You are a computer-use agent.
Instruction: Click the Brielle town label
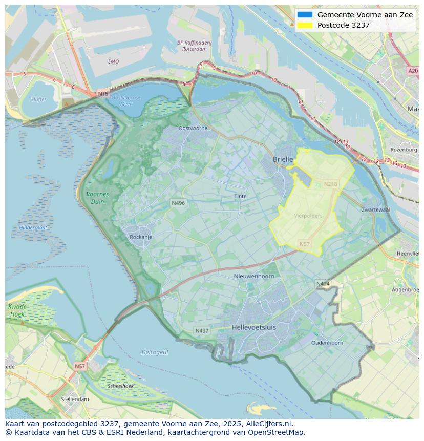pos(283,159)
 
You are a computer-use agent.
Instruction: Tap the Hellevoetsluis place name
pos(253,327)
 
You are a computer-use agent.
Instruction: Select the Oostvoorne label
pos(193,128)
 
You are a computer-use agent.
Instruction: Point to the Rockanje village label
pos(141,237)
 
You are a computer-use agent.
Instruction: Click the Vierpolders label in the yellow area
pos(308,216)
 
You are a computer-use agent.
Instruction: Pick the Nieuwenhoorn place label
pos(254,276)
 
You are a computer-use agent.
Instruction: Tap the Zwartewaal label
pos(375,210)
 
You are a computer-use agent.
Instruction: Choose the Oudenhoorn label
pos(327,343)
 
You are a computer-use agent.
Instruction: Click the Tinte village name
pos(240,196)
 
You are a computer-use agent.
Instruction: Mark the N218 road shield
pos(331,184)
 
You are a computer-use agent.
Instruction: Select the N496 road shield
pos(178,203)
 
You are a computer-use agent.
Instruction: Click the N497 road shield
pos(202,331)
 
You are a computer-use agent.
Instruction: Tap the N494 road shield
pos(323,284)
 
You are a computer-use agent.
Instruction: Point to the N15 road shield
pos(103,94)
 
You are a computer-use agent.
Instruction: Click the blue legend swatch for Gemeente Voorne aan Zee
pos(305,15)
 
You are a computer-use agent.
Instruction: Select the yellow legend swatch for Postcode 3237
pos(305,25)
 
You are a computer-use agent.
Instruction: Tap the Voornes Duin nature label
pos(97,198)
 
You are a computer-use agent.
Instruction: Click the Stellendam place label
pos(75,399)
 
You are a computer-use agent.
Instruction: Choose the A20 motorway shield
pos(413,71)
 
